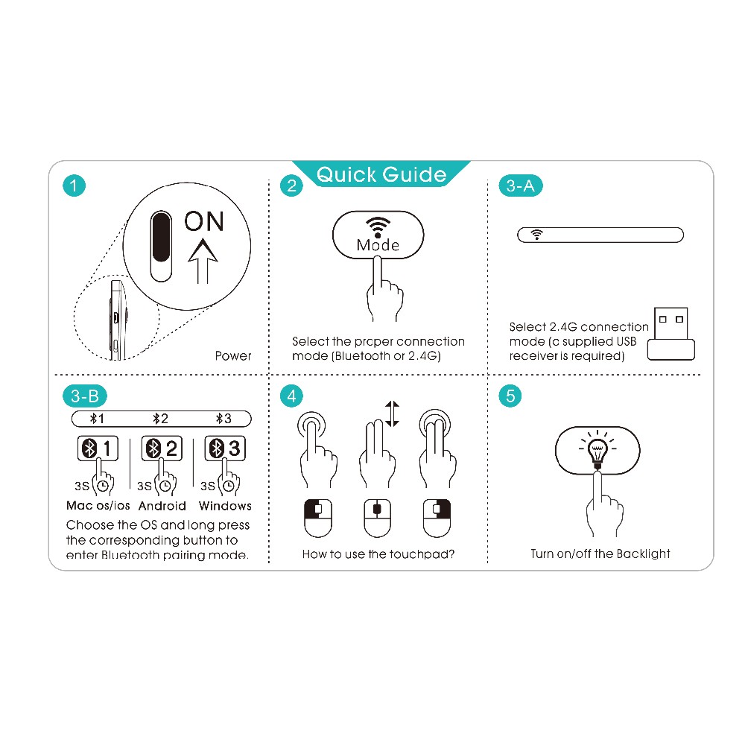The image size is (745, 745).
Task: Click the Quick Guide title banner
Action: point(381,174)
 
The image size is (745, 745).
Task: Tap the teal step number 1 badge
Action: point(74,186)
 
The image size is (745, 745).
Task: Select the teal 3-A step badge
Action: point(521,186)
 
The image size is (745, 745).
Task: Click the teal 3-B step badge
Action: point(85,396)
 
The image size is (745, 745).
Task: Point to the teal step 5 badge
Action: point(510,396)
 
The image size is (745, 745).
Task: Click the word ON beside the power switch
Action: point(204,221)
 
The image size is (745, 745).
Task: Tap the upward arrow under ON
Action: point(203,261)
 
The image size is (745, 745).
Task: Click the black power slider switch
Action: point(161,246)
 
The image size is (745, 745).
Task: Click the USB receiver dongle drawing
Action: point(671,334)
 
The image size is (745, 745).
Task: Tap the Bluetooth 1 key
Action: point(98,448)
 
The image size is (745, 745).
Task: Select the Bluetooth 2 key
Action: point(162,448)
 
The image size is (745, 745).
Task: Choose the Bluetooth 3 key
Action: point(225,448)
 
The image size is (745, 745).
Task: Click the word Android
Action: point(162,506)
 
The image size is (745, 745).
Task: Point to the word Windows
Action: point(225,506)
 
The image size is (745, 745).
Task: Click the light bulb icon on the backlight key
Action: point(597,449)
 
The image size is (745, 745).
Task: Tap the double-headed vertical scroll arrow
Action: point(393,413)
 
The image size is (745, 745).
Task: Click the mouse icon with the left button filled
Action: point(318,518)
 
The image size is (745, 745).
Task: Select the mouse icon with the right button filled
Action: point(437,518)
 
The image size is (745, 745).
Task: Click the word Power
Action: point(232,356)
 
